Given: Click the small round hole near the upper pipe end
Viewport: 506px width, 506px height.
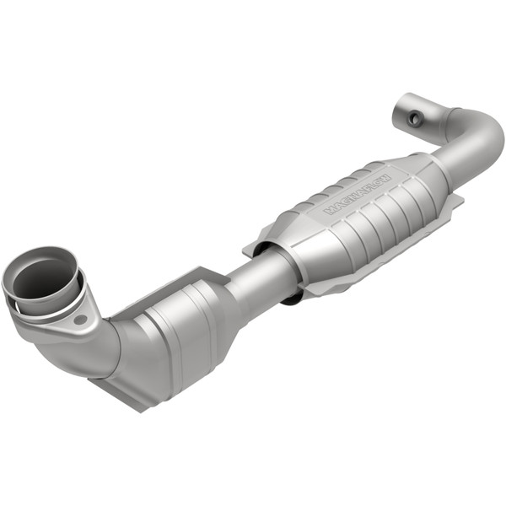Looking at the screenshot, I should point(415,119).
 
